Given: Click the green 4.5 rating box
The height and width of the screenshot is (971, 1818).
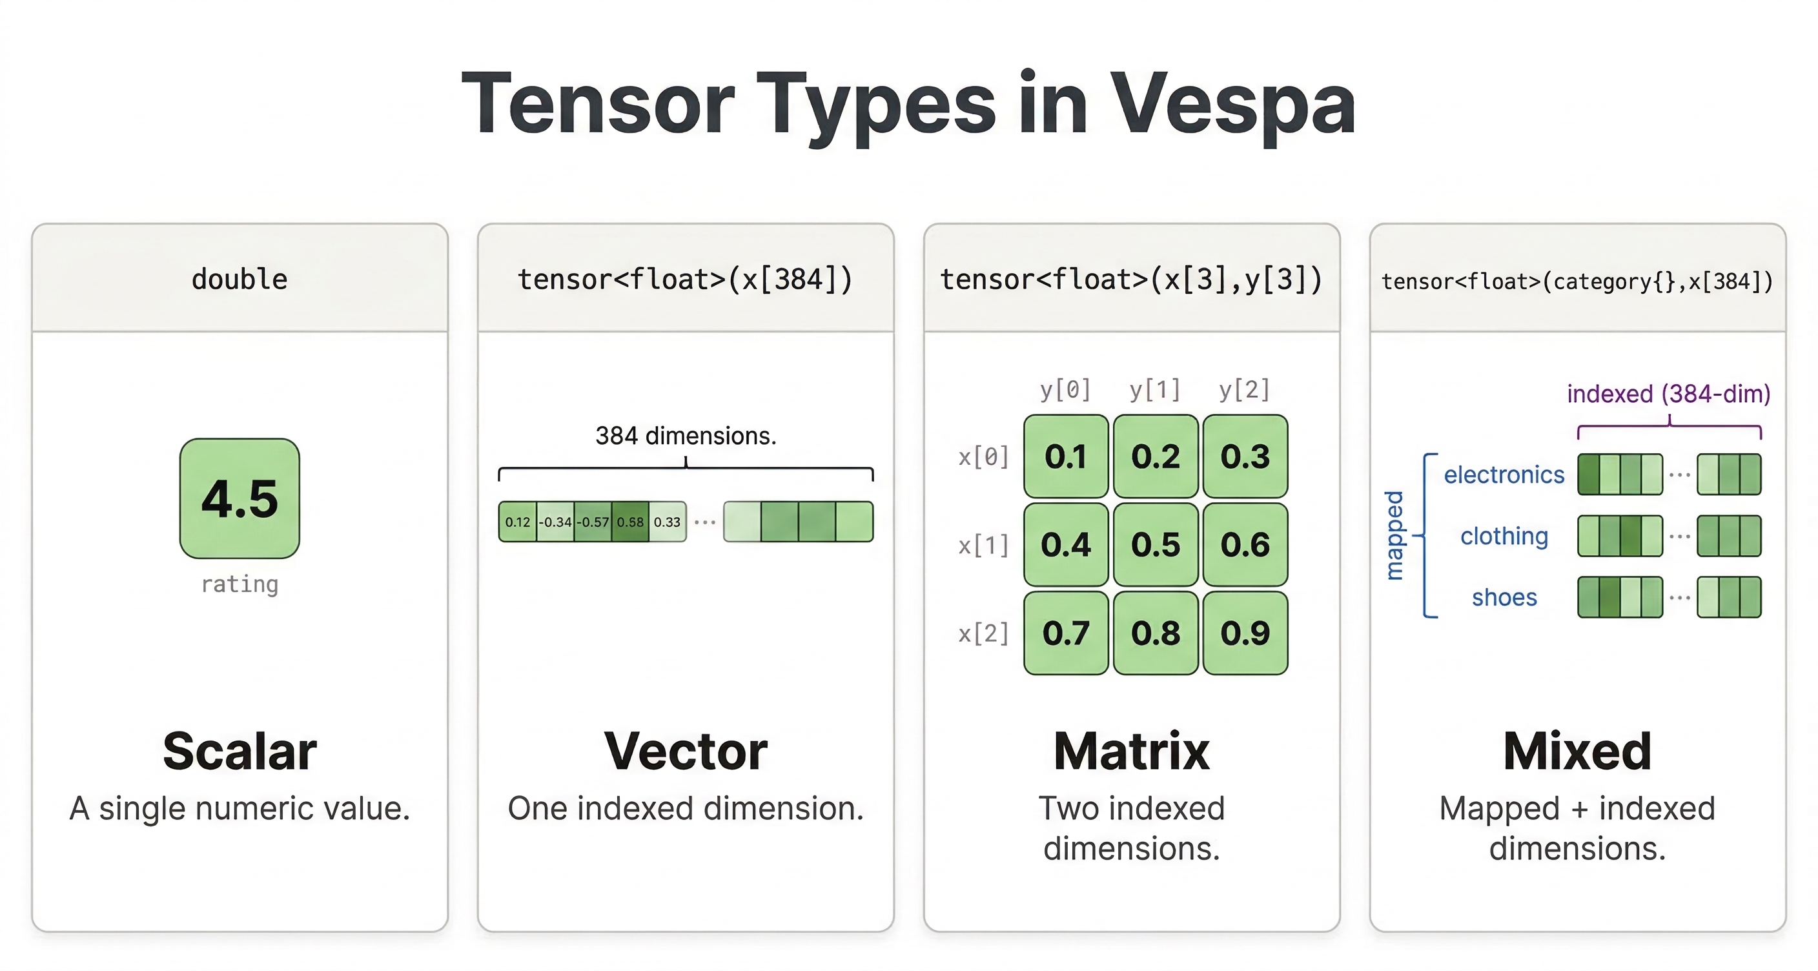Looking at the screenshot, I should point(240,498).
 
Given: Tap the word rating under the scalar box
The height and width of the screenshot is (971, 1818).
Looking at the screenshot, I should point(240,584).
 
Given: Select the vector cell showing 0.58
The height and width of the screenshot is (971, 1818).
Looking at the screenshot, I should point(629,522).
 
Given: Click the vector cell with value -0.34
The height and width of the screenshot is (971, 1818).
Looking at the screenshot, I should point(555,522).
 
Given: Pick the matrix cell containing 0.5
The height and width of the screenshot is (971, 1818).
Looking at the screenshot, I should point(1156,544).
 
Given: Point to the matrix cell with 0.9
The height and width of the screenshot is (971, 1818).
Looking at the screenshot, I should point(1245,633).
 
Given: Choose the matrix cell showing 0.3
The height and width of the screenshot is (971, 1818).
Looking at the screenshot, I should point(1245,456).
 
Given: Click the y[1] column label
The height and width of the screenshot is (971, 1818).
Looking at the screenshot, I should point(1154,389).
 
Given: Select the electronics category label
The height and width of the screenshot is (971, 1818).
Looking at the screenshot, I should point(1504,475).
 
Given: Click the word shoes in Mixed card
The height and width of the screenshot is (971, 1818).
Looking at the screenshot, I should point(1504,598).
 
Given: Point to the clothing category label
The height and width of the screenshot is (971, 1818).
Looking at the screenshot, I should point(1504,537).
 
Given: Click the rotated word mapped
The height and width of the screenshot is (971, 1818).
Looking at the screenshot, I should point(1394,536).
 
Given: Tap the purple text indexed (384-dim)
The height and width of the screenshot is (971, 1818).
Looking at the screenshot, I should point(1668,394).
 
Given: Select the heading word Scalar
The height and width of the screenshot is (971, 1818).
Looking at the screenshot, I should point(240,751).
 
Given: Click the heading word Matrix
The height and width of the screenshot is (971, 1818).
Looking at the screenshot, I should point(1131,751).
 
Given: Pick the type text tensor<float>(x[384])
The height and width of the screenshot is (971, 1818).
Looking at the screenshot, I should point(685,280).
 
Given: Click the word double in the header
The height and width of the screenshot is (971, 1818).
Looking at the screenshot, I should point(240,280).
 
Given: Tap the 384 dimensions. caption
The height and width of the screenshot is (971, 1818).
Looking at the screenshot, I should point(685,436).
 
